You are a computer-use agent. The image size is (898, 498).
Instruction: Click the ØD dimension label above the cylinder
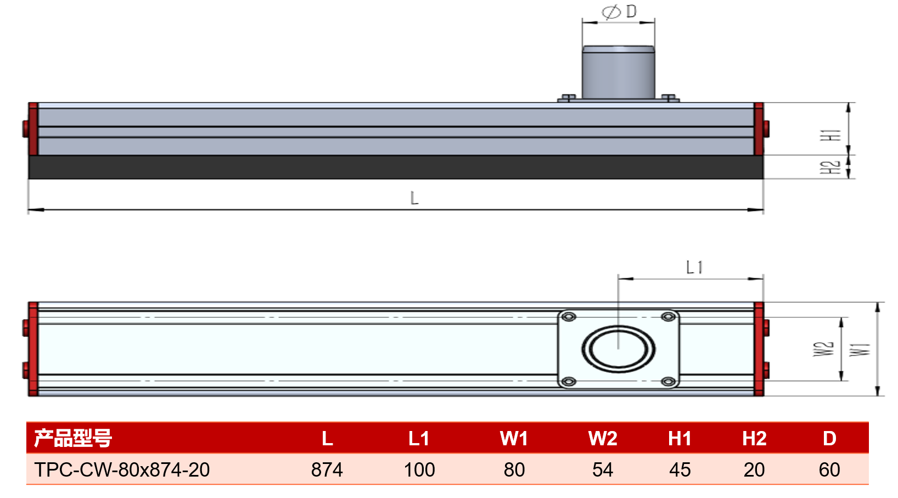pyautogui.click(x=619, y=12)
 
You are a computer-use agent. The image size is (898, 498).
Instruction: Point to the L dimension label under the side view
pyautogui.click(x=414, y=198)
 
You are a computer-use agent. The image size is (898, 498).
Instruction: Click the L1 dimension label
pyautogui.click(x=694, y=267)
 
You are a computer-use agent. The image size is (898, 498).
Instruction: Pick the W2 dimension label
pyautogui.click(x=823, y=349)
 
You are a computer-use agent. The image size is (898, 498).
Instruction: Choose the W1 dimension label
pyautogui.click(x=860, y=349)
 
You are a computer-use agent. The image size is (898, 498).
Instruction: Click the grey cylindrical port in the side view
pyautogui.click(x=619, y=72)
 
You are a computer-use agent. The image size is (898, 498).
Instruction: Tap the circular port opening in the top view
pyautogui.click(x=619, y=349)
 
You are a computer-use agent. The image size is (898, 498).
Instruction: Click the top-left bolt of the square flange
pyautogui.click(x=569, y=317)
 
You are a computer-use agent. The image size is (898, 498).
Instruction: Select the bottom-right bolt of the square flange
pyautogui.click(x=669, y=382)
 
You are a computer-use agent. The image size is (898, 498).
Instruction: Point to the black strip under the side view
pyautogui.click(x=395, y=167)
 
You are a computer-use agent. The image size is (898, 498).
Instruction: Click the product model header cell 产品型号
pyautogui.click(x=73, y=438)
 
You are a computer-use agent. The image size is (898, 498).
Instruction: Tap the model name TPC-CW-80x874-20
pyautogui.click(x=122, y=470)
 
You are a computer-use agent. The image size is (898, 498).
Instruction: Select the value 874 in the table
pyautogui.click(x=327, y=470)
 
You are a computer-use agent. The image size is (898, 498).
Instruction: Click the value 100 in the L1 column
pyautogui.click(x=419, y=470)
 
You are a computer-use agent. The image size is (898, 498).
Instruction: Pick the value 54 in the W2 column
pyautogui.click(x=603, y=470)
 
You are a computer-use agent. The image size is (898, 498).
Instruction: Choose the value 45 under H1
pyautogui.click(x=680, y=470)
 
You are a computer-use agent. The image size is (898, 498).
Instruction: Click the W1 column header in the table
pyautogui.click(x=514, y=438)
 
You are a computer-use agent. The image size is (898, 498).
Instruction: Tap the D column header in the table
pyautogui.click(x=829, y=438)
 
